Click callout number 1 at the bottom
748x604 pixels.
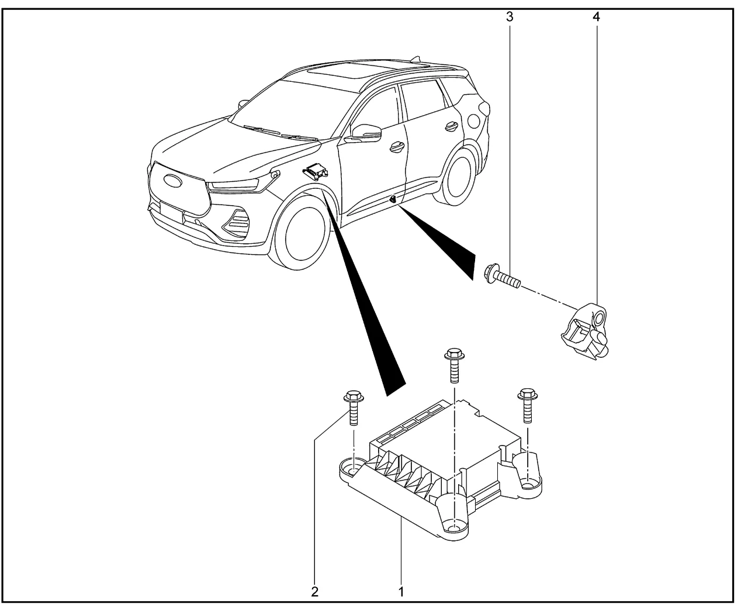click(401, 591)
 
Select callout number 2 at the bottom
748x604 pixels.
click(314, 591)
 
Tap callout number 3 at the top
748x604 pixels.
click(510, 17)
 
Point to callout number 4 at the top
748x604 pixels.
click(596, 17)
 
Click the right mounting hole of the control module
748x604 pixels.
click(528, 483)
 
